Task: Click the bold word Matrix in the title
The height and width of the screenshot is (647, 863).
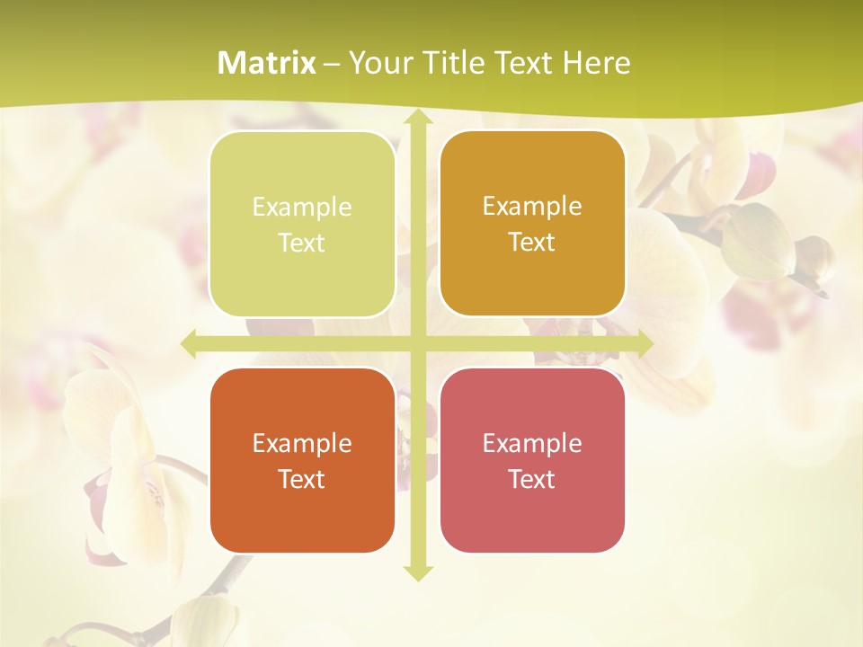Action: click(x=267, y=63)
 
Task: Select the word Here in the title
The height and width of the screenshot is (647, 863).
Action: click(x=597, y=63)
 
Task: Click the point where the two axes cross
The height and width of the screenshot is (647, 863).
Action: click(x=417, y=344)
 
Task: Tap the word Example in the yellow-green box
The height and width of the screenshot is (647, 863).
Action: click(x=302, y=208)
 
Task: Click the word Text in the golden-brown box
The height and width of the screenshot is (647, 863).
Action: click(x=532, y=243)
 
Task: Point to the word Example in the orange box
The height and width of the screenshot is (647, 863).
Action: click(x=302, y=444)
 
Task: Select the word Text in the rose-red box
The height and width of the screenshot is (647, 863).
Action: click(x=532, y=479)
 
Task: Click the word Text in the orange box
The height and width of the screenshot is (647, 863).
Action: click(x=302, y=479)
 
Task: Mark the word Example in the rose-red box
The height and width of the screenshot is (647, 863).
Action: click(x=532, y=444)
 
